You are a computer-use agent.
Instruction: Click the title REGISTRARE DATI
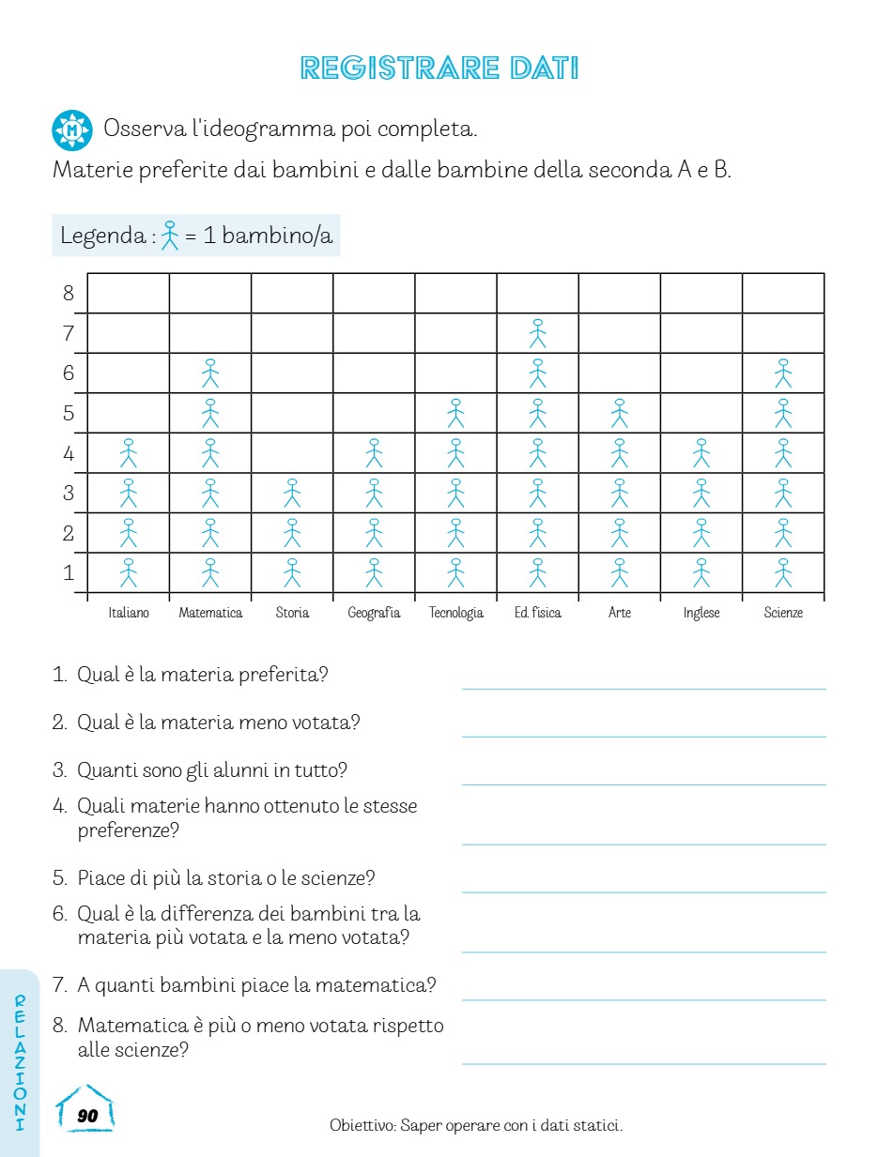point(439,69)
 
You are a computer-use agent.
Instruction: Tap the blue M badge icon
point(72,130)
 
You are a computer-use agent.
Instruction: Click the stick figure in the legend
point(169,235)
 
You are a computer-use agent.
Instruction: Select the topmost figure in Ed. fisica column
point(537,333)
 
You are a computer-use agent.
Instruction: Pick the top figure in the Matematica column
point(210,373)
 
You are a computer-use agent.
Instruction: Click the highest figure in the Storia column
point(292,493)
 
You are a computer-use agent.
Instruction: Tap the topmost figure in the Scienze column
point(783,373)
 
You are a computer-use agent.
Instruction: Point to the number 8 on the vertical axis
point(69,293)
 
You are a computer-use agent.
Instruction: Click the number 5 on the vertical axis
point(69,413)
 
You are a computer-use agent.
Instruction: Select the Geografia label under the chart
point(374,613)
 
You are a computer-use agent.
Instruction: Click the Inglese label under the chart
point(701,613)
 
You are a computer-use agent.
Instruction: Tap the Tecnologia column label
point(455,613)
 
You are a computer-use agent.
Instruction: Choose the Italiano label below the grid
point(129,613)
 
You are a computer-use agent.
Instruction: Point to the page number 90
point(87,1116)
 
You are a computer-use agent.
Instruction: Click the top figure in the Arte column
point(619,413)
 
